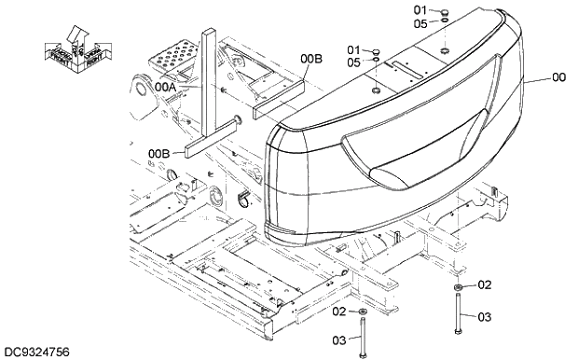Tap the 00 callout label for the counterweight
coord(558,78)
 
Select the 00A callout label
coord(166,86)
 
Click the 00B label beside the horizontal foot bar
coord(158,153)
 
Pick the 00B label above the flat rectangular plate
coord(310,60)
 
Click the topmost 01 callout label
coord(420,10)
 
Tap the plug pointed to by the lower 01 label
coord(375,54)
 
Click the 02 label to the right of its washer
coord(484,285)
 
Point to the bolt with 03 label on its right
coord(458,317)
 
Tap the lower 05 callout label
coord(353,62)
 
